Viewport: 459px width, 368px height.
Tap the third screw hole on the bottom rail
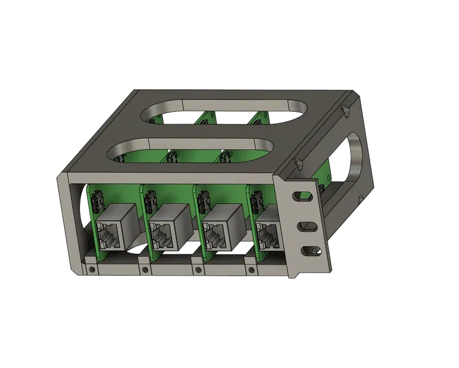197,270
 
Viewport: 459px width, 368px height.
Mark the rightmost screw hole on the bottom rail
250,270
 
